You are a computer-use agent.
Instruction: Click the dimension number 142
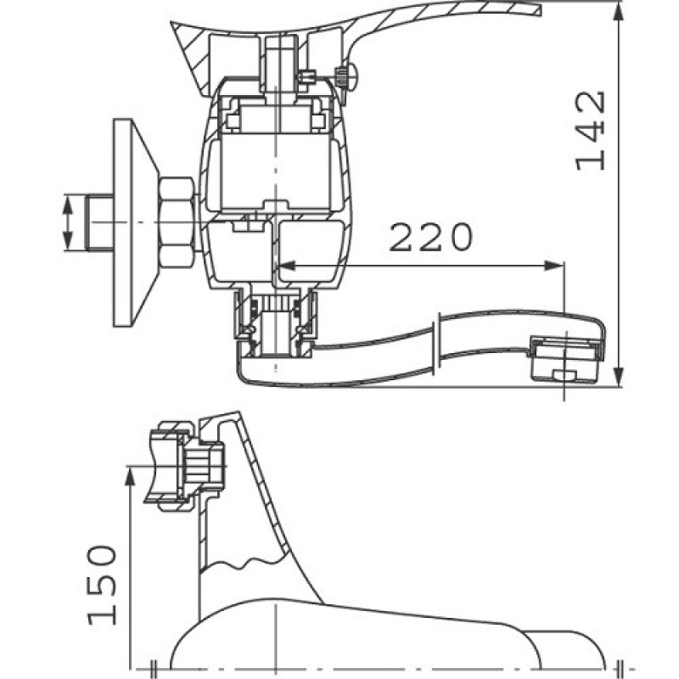click(590, 131)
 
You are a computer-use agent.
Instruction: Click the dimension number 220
click(431, 237)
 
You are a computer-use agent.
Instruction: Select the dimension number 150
click(102, 585)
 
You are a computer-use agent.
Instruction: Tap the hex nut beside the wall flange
click(177, 222)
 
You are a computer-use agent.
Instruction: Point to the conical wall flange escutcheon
click(135, 222)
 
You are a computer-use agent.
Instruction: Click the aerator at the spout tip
click(567, 359)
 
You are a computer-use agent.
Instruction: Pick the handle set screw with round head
click(346, 77)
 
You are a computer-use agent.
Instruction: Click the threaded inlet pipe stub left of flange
click(100, 222)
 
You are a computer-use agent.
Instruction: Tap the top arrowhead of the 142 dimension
click(620, 12)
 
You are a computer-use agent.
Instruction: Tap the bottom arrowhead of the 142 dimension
click(620, 375)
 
